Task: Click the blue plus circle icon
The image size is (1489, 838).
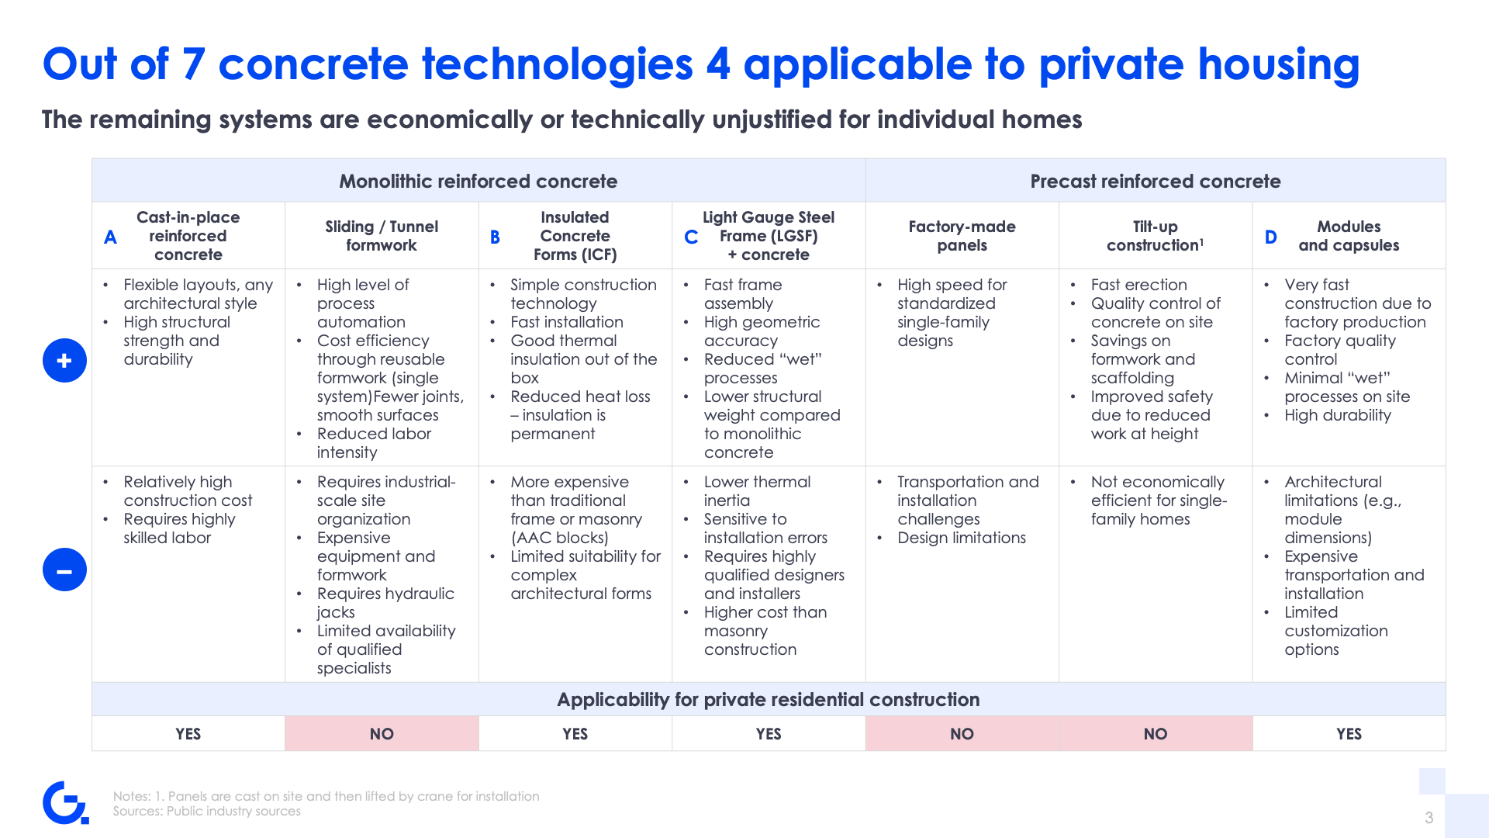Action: click(64, 360)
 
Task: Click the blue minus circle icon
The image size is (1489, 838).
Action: click(64, 570)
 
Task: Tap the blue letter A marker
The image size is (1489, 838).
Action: click(110, 237)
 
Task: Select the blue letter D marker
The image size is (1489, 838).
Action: click(1270, 237)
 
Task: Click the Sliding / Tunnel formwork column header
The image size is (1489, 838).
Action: click(382, 236)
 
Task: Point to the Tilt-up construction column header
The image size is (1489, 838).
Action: click(1155, 236)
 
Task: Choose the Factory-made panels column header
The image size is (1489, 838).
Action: click(962, 236)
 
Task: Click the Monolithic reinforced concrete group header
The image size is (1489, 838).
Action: click(478, 181)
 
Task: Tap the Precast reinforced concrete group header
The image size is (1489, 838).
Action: click(1156, 181)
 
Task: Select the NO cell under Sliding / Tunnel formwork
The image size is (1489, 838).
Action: click(382, 733)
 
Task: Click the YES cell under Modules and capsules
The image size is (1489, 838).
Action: click(1349, 733)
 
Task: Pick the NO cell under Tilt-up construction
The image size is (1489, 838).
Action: click(1156, 733)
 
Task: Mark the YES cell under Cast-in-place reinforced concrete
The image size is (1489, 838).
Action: click(188, 733)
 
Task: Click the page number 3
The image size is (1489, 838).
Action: click(1429, 818)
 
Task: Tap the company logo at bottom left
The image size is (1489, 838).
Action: click(65, 802)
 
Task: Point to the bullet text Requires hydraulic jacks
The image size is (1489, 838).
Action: click(385, 603)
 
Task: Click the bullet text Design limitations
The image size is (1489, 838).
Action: click(962, 538)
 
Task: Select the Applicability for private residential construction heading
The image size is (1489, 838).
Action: click(769, 699)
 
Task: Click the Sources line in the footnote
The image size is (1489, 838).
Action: click(206, 811)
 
